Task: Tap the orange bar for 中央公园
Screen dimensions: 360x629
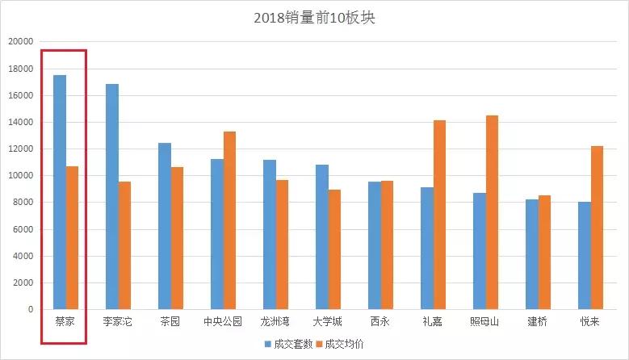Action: coord(229,220)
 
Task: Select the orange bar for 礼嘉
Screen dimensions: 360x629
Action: coord(439,215)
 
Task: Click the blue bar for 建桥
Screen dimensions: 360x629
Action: coord(531,254)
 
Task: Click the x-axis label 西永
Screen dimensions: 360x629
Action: coord(380,321)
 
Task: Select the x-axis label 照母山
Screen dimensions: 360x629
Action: coord(485,321)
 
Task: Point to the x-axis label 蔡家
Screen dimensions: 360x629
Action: coord(65,321)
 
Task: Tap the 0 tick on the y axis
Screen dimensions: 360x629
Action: coord(31,309)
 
